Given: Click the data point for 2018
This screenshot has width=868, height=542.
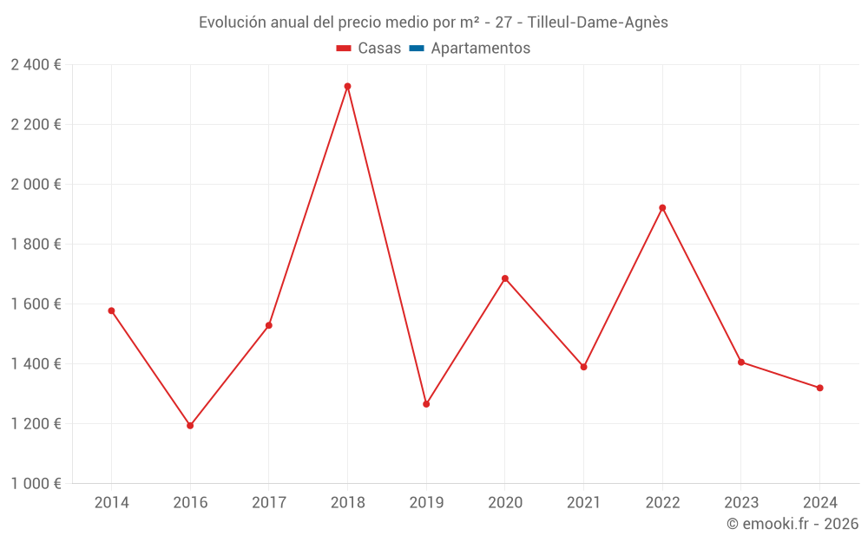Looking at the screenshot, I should (347, 86).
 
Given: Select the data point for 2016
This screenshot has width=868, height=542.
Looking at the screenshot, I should (190, 426).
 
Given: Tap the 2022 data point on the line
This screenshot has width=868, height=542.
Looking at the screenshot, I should (662, 208).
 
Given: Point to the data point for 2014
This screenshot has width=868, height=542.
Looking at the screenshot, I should (111, 310).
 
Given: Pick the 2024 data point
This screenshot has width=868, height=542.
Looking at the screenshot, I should (819, 388).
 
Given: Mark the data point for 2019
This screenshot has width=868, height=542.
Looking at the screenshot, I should (426, 404).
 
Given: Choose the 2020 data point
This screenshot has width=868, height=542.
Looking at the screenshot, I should (505, 278).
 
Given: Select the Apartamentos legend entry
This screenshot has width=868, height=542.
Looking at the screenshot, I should (480, 49).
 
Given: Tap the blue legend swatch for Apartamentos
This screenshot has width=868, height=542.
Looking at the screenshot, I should (416, 49).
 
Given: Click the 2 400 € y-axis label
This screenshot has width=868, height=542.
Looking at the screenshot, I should (36, 64).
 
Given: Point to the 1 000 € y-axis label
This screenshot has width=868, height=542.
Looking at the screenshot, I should (36, 483).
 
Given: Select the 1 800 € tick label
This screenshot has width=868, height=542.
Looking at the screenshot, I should (36, 244).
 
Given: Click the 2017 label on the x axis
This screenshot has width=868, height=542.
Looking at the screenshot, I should (269, 502).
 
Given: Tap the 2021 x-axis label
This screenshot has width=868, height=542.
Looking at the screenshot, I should (583, 502).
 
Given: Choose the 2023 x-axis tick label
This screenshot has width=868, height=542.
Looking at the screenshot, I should (741, 502).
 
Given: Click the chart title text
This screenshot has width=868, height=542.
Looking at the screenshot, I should (433, 23).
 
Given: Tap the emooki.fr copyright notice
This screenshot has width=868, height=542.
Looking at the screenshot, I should (792, 524).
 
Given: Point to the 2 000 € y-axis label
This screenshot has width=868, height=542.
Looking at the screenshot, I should (36, 184).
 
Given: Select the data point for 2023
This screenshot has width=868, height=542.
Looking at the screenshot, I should (741, 362).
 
